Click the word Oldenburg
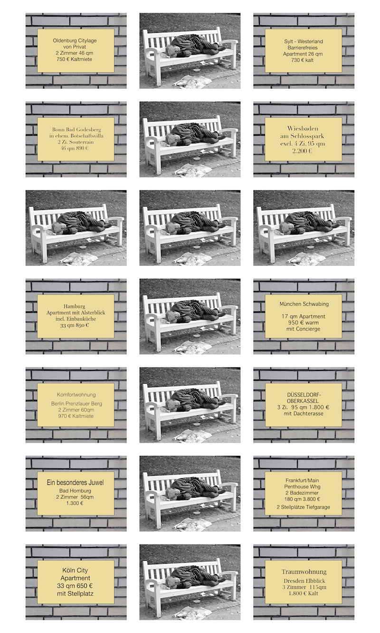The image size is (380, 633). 64,41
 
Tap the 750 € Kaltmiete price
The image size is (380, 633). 75,59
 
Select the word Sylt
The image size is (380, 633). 289,41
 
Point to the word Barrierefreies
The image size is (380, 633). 303,48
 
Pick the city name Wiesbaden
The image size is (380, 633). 303,128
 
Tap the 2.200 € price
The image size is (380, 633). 302,151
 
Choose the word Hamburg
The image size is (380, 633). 75,306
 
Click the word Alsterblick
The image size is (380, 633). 92,312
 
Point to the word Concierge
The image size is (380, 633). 308,329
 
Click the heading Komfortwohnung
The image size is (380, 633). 76,395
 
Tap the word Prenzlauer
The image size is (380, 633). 77,404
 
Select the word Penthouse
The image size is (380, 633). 295,487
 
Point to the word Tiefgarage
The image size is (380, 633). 318,507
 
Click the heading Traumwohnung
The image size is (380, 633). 304,572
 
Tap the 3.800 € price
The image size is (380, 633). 311,499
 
